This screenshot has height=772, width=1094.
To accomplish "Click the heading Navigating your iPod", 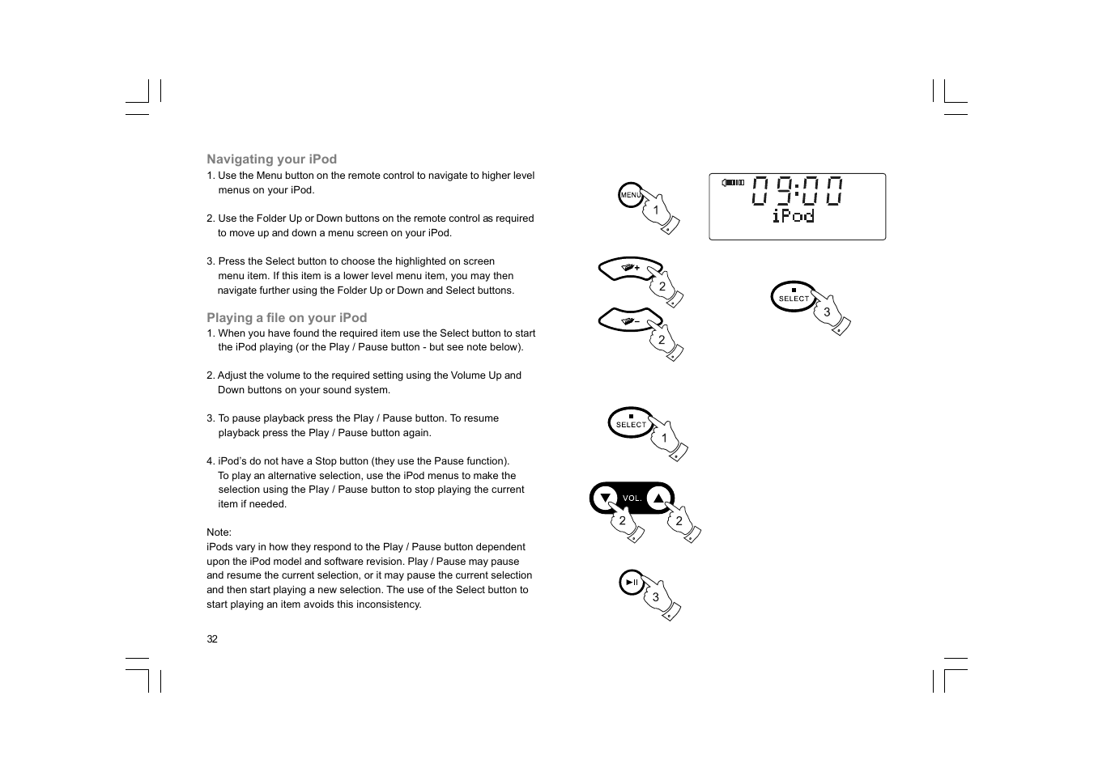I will (271, 159).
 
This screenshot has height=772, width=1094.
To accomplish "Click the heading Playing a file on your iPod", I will (287, 318).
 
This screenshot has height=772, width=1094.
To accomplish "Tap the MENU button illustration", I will (630, 195).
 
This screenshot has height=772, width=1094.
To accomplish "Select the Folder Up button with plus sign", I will (629, 268).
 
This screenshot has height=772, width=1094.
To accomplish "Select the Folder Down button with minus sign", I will (629, 320).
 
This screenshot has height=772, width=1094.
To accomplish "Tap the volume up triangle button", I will (659, 498).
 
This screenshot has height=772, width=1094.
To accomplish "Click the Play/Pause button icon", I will (632, 583).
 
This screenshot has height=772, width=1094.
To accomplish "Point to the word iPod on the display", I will (793, 215).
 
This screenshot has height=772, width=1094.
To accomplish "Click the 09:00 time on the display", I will (797, 191).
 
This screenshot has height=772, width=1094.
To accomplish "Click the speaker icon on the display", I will (733, 183).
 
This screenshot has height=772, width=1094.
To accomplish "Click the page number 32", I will (212, 639).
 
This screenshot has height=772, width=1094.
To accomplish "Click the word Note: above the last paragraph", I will (219, 532).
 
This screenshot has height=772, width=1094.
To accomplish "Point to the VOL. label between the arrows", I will (632, 498).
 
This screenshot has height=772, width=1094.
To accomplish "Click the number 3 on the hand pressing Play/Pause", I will (656, 597).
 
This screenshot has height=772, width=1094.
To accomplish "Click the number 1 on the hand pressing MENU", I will (656, 210).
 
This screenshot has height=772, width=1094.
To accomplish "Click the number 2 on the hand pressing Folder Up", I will (662, 286).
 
